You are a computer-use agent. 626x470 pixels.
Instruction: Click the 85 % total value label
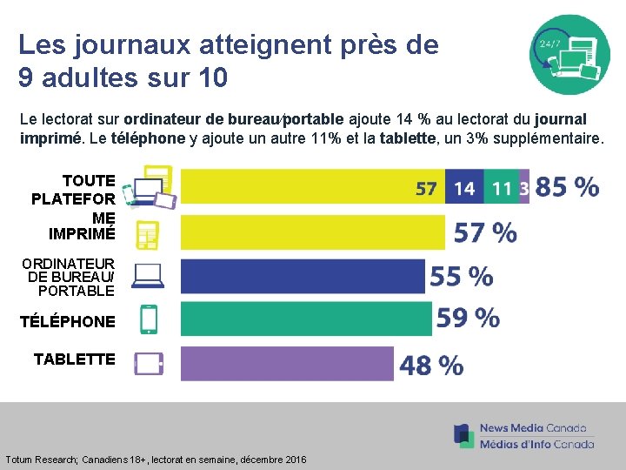[567, 187]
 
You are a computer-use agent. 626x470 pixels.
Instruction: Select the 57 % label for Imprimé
[485, 232]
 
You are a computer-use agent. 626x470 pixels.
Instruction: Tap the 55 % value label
[461, 277]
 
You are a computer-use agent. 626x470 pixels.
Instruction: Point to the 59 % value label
[468, 318]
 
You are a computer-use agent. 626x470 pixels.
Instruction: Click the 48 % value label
[431, 365]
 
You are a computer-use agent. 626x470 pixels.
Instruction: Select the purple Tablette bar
[287, 364]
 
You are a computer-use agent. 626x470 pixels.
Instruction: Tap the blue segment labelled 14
[464, 187]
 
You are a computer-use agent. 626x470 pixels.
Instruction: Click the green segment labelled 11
[501, 187]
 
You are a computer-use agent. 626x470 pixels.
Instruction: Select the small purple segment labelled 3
[524, 187]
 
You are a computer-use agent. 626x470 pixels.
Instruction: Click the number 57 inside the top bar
[426, 188]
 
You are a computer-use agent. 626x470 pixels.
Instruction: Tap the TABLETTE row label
[74, 359]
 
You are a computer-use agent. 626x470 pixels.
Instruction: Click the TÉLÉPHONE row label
[68, 321]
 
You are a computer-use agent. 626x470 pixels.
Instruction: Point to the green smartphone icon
[149, 319]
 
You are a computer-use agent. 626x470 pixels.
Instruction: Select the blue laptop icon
[149, 276]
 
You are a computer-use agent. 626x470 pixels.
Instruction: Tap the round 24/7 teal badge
[570, 54]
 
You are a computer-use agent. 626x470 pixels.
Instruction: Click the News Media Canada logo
[523, 435]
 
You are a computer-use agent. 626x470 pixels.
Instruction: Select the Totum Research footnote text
[156, 459]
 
